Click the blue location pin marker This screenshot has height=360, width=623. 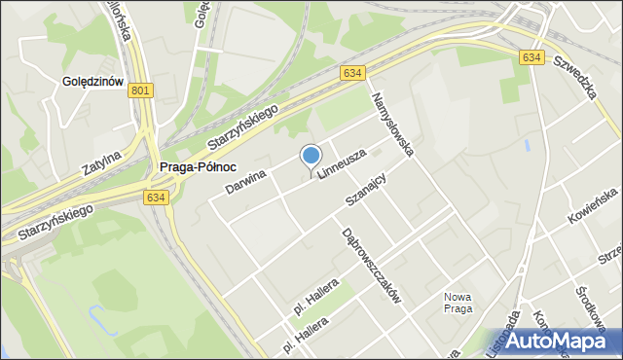pyautogui.click(x=311, y=157)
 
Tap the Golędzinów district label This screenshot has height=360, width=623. pyautogui.click(x=92, y=82)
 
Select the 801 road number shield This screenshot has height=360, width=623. pyautogui.click(x=140, y=90)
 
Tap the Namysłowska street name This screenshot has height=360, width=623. pyautogui.click(x=393, y=124)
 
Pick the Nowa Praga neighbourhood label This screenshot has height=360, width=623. pyautogui.click(x=458, y=303)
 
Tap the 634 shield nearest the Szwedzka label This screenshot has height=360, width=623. pyautogui.click(x=531, y=57)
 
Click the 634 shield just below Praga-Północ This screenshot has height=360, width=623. pyautogui.click(x=157, y=197)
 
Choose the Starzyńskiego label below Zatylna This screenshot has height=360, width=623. pyautogui.click(x=55, y=222)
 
